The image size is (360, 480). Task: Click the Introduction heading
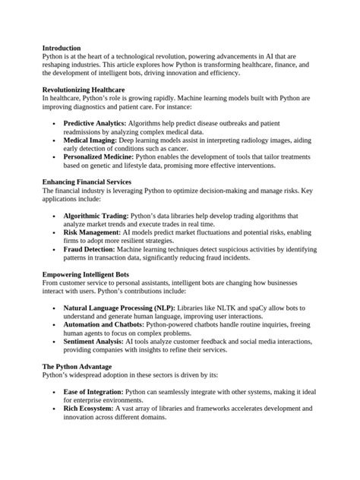(x=62, y=47)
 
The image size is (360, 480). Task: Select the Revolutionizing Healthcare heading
(x=83, y=90)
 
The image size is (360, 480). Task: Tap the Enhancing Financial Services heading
(x=87, y=182)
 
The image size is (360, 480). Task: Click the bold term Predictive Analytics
(x=94, y=122)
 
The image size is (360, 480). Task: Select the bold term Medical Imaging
(x=90, y=141)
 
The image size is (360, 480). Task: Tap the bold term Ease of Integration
(x=93, y=391)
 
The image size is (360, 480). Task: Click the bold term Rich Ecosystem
(x=90, y=409)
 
